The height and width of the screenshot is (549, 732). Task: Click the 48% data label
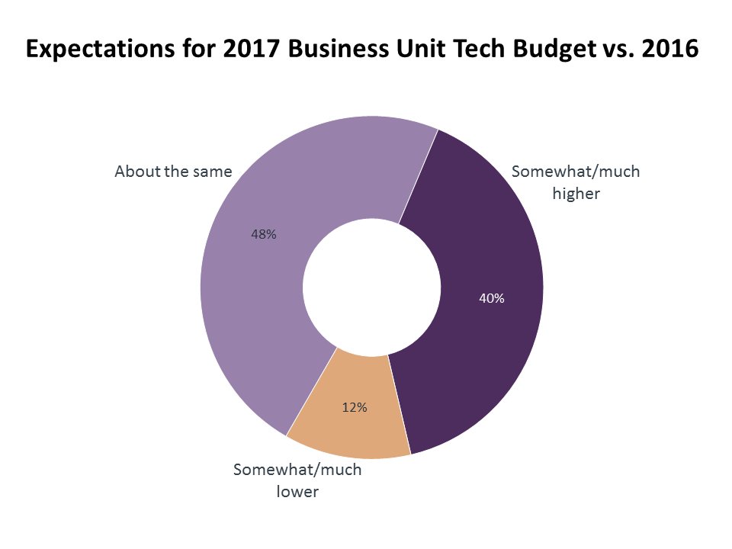(264, 235)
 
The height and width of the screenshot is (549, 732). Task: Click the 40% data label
(492, 299)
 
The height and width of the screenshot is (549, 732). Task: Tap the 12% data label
(355, 408)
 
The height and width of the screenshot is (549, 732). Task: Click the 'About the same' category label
(173, 172)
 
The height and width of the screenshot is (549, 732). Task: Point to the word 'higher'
(576, 194)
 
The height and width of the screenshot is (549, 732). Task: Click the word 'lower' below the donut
(297, 492)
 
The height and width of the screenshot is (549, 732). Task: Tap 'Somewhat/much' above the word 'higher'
(576, 172)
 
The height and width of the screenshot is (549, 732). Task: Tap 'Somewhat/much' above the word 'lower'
(297, 470)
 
